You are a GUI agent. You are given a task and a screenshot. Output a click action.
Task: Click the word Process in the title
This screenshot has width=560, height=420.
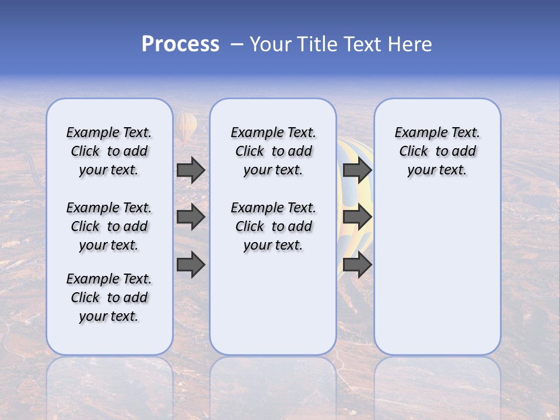point(180,44)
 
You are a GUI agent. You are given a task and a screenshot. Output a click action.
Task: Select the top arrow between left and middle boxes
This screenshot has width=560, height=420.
point(190,170)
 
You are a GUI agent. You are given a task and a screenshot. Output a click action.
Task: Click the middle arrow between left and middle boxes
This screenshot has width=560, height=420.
point(190,217)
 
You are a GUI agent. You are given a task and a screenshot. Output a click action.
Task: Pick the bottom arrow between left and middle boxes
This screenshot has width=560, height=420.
point(190,265)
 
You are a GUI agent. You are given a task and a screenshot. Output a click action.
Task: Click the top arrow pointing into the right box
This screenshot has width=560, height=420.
point(357,170)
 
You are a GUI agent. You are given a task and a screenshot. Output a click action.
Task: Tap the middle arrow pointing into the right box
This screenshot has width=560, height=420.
point(357,217)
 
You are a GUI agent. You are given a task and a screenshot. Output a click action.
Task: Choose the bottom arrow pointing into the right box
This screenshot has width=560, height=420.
point(357,265)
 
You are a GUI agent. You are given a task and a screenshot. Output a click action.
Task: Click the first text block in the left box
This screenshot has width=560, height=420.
point(109,151)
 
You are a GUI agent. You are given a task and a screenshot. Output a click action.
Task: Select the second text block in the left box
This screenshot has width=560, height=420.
point(109,226)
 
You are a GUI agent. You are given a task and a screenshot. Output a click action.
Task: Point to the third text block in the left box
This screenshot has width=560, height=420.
point(109,297)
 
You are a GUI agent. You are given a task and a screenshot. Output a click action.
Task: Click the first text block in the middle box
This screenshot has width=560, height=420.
point(273,151)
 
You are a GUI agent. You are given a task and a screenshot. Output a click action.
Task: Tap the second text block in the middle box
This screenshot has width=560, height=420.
point(273,226)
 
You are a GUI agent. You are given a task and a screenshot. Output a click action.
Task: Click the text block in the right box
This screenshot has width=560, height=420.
point(437,151)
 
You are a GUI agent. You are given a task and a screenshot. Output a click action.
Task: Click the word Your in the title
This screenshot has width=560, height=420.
point(271,44)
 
